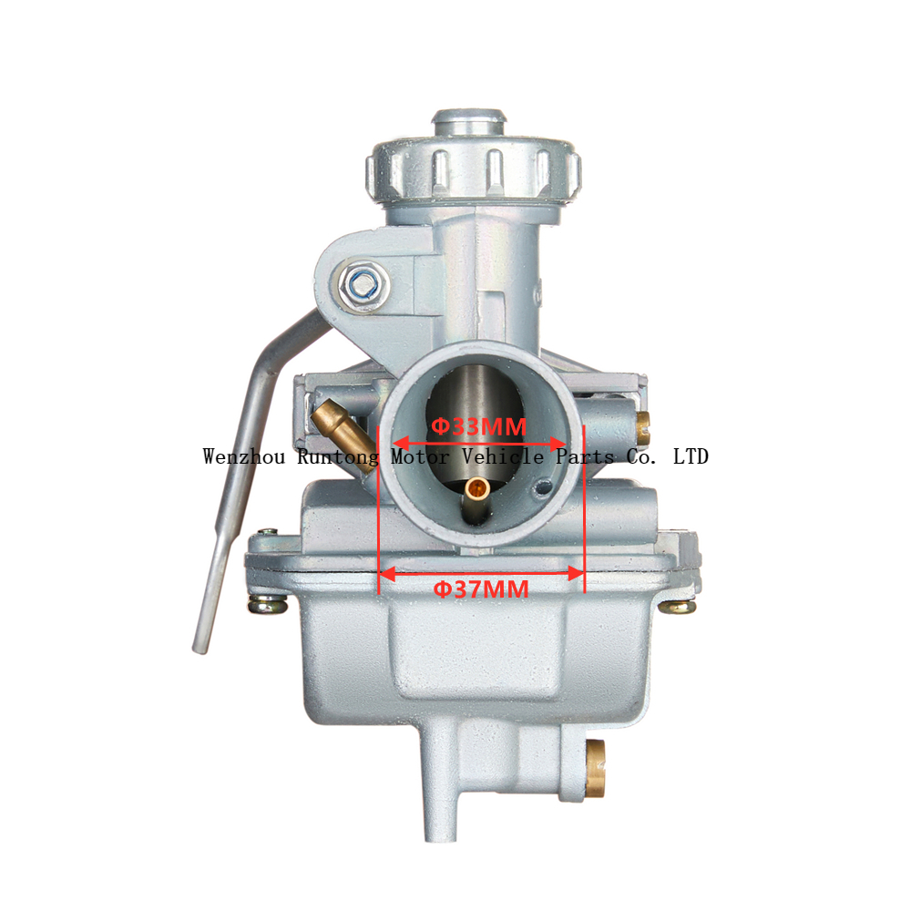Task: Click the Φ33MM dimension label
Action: coord(479,426)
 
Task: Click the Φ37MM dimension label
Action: coord(481,589)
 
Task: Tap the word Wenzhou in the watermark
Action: coord(244,456)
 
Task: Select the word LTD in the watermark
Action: coord(691,456)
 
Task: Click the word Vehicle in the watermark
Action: coord(503,456)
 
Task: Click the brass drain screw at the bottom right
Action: coord(595,768)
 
